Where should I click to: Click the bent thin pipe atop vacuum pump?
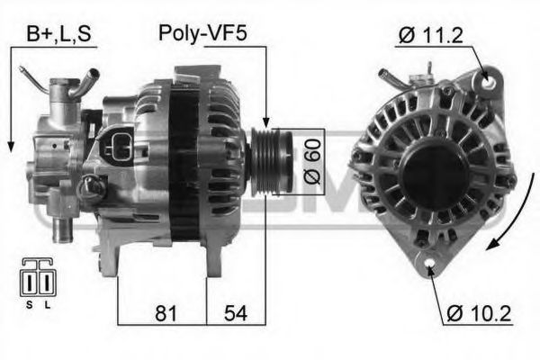tap(40, 86)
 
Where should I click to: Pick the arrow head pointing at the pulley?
tap(266, 123)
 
